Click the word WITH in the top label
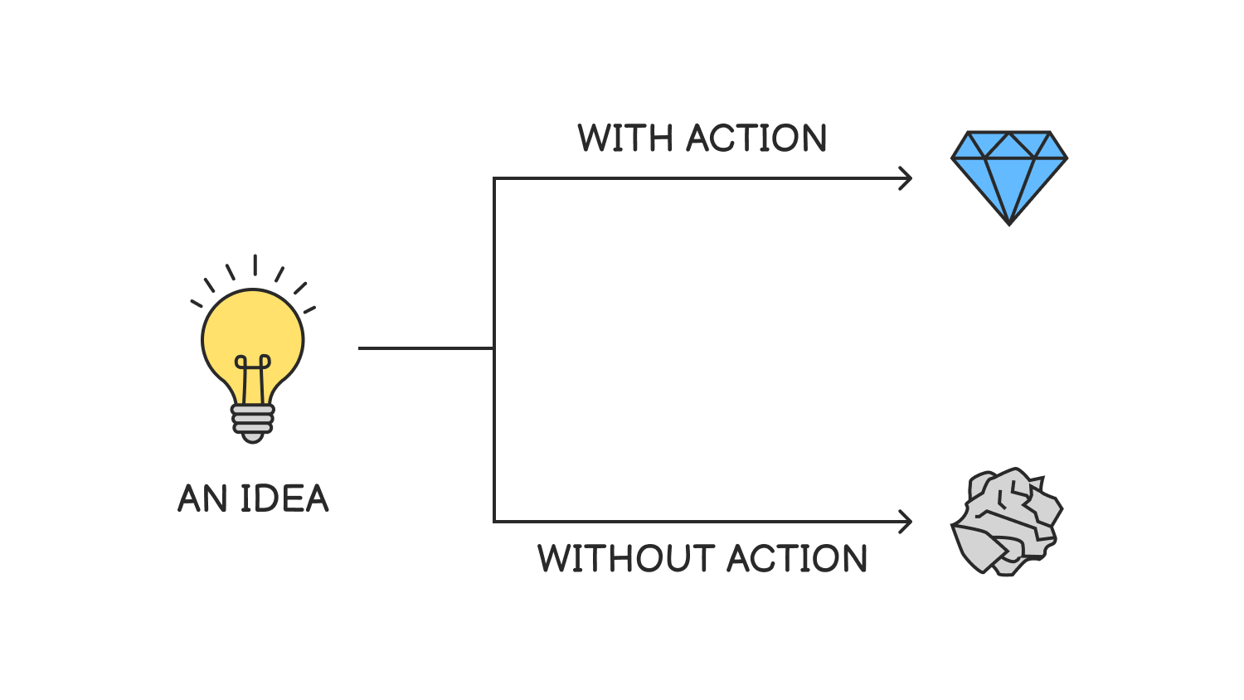[624, 139]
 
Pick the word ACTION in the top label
[756, 139]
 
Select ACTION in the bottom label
[797, 558]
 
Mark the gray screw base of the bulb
[253, 422]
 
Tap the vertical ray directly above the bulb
[255, 265]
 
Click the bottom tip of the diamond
[1009, 222]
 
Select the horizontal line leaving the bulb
[425, 348]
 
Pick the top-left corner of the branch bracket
[495, 179]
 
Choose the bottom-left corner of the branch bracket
[495, 521]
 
